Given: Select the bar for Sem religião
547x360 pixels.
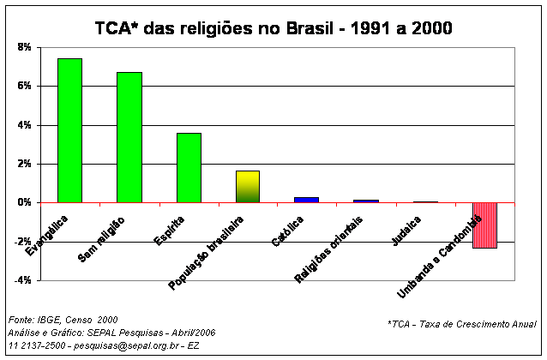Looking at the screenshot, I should click(x=129, y=137).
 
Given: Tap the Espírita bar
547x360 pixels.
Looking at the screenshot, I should click(x=188, y=168).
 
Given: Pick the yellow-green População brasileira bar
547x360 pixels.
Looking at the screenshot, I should click(x=247, y=187).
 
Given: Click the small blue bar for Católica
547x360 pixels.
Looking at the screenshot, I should click(x=306, y=200).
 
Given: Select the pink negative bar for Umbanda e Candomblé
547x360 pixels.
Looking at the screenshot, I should click(x=484, y=225).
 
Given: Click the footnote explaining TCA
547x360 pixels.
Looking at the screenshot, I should click(x=462, y=324).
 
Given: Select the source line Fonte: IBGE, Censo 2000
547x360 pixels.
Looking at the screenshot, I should click(x=62, y=319).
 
